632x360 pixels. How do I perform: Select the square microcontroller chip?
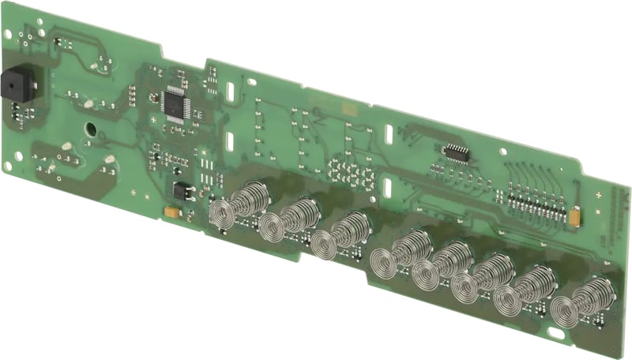(x=175, y=103)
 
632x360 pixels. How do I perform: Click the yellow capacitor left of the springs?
(x=170, y=212)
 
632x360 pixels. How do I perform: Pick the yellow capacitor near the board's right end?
(x=576, y=214)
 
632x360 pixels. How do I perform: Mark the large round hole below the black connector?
(x=91, y=128)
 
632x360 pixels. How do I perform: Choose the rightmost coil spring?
(x=581, y=304)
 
